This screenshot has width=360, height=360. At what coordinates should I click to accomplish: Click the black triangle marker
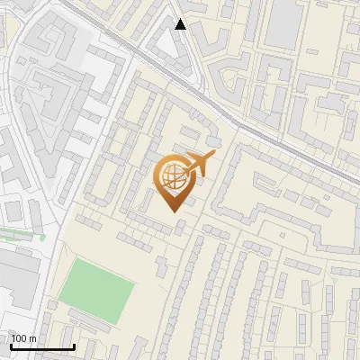pos(181,24)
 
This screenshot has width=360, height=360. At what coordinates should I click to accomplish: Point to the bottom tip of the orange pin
pos(172,211)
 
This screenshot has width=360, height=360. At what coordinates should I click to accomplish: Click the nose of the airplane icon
pos(213,157)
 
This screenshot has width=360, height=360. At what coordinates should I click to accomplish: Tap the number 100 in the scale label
pos(20,338)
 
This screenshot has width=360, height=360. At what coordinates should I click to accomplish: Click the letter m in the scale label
pos(33,338)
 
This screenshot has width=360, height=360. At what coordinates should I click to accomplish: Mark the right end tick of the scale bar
pos(74,346)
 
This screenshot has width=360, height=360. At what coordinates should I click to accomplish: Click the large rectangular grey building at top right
pos(283,22)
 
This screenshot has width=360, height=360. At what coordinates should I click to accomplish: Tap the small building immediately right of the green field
pos(159,265)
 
